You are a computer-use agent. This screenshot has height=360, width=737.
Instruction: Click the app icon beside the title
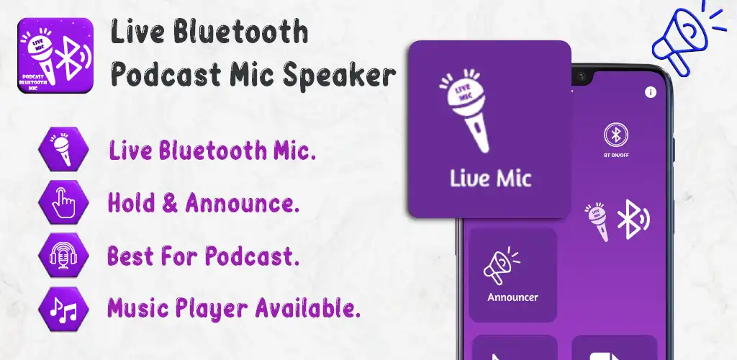click(54, 55)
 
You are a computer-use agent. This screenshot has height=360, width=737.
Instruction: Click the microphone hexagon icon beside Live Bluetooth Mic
click(63, 151)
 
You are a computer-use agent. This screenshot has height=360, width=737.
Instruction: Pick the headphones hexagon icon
click(63, 256)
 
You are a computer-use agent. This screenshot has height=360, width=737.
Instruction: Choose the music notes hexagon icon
click(63, 307)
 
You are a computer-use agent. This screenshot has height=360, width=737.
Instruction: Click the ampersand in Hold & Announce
click(170, 204)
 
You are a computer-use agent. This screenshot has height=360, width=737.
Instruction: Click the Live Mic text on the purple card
click(490, 178)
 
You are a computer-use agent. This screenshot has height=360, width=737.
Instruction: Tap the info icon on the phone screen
click(651, 91)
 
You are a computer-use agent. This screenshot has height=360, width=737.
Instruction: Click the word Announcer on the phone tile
click(512, 297)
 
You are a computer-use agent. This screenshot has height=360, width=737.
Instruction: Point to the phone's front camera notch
click(579, 75)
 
